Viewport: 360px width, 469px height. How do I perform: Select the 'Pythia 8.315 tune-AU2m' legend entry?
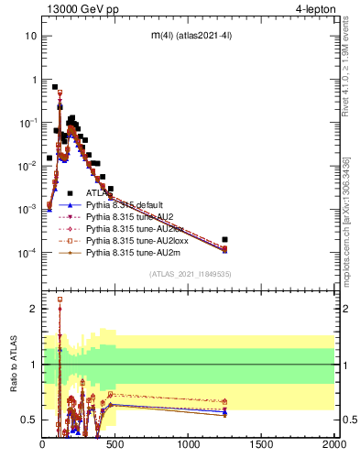tap(135, 252)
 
